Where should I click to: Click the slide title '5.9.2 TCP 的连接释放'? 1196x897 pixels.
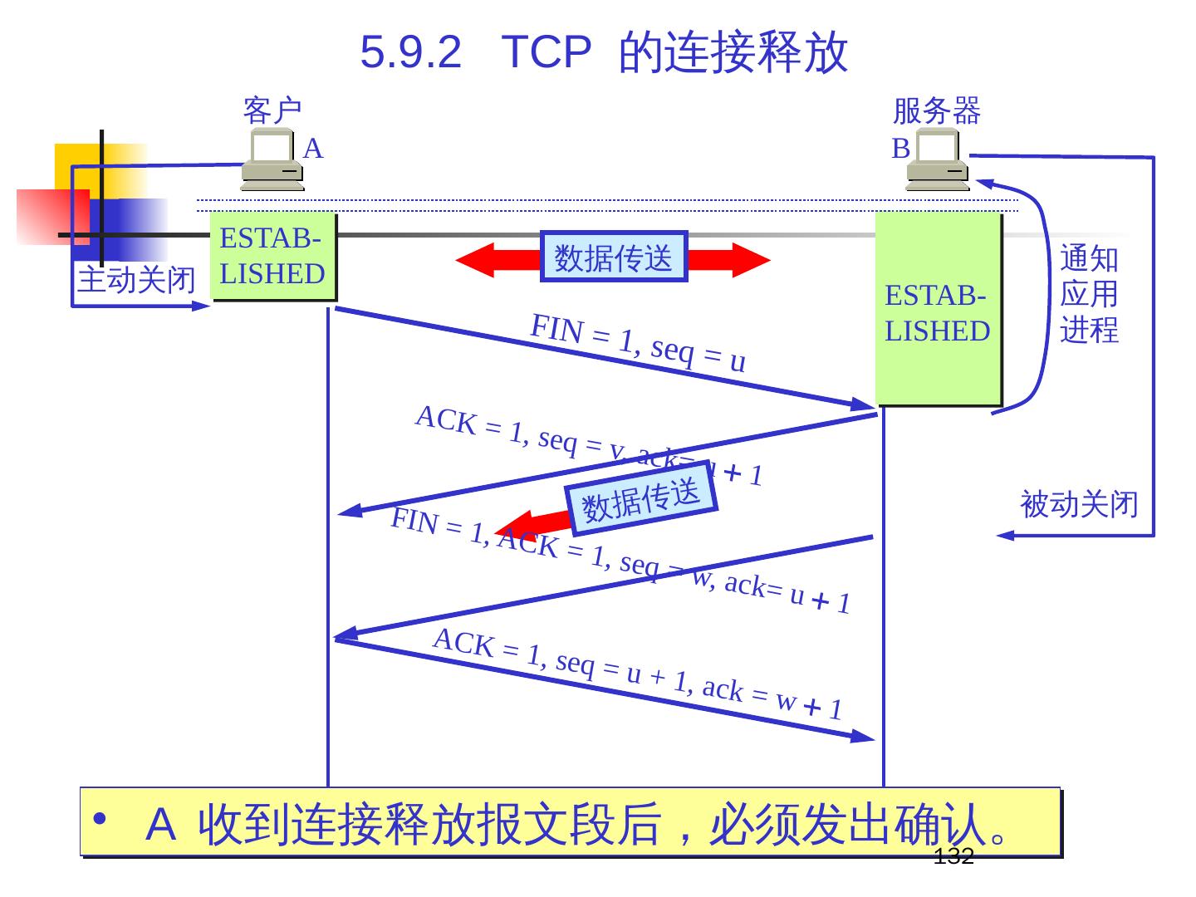604,51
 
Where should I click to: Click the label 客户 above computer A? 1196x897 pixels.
272,110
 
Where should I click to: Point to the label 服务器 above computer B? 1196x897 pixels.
936,110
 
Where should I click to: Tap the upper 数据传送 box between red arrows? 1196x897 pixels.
614,257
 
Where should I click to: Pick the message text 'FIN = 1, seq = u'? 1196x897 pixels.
638,343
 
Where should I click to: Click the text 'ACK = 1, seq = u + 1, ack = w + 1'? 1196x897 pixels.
638,674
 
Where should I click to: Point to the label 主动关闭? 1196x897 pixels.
136,280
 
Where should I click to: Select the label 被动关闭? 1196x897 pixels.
1079,504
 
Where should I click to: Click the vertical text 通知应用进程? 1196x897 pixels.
1089,294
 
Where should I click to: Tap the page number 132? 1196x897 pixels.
953,857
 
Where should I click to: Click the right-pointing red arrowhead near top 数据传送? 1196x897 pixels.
751,260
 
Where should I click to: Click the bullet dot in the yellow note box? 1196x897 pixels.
100,819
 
